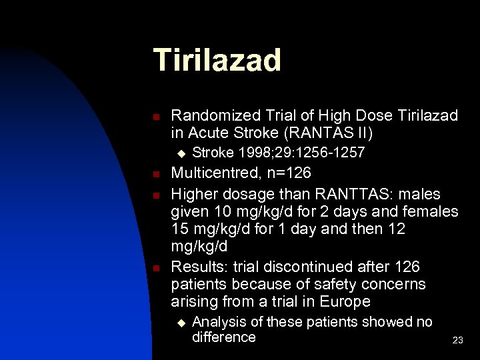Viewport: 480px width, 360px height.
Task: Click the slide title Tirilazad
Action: click(x=217, y=60)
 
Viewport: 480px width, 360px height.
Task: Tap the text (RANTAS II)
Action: click(x=334, y=133)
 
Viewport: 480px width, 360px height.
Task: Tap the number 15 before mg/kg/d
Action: click(x=180, y=229)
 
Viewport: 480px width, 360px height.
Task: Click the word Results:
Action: click(x=197, y=267)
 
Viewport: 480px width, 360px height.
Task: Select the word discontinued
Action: click(x=306, y=267)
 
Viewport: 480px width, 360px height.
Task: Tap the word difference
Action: click(x=223, y=337)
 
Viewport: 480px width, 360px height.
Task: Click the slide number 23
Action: click(x=457, y=340)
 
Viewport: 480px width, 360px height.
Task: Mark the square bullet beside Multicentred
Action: click(x=155, y=175)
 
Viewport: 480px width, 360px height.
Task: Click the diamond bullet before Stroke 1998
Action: click(x=179, y=153)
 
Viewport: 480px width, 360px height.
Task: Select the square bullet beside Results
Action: click(x=155, y=268)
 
